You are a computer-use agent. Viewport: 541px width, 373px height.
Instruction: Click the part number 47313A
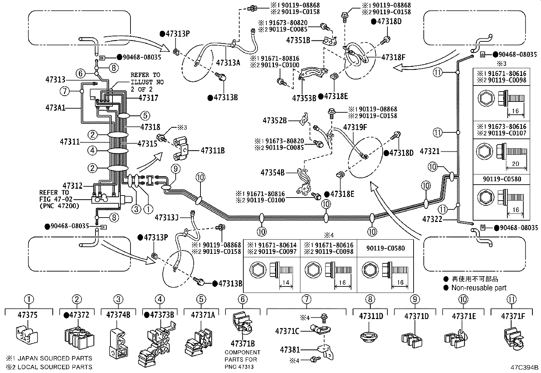click(x=228, y=62)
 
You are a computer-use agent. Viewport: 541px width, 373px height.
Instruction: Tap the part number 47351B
click(x=298, y=40)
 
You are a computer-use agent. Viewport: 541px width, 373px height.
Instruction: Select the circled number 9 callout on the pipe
click(x=176, y=168)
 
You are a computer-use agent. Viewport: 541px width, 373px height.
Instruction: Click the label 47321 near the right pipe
click(x=430, y=151)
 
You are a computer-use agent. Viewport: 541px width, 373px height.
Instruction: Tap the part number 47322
click(x=432, y=219)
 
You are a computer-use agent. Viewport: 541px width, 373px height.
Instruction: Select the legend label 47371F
click(x=513, y=316)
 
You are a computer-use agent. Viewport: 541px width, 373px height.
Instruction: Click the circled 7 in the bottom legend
click(x=306, y=299)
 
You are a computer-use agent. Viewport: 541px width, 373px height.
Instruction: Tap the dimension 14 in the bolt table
click(x=285, y=282)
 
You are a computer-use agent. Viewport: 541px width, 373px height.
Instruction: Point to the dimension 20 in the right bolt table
click(x=515, y=164)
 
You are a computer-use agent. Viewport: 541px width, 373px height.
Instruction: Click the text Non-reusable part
click(x=478, y=288)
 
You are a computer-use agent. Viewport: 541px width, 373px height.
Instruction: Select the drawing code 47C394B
click(x=524, y=367)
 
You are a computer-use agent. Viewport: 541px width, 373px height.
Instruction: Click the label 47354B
click(x=273, y=173)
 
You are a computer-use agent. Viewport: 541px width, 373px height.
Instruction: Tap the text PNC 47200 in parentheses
click(x=59, y=205)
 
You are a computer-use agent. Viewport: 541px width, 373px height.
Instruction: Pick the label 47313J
click(x=167, y=217)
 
